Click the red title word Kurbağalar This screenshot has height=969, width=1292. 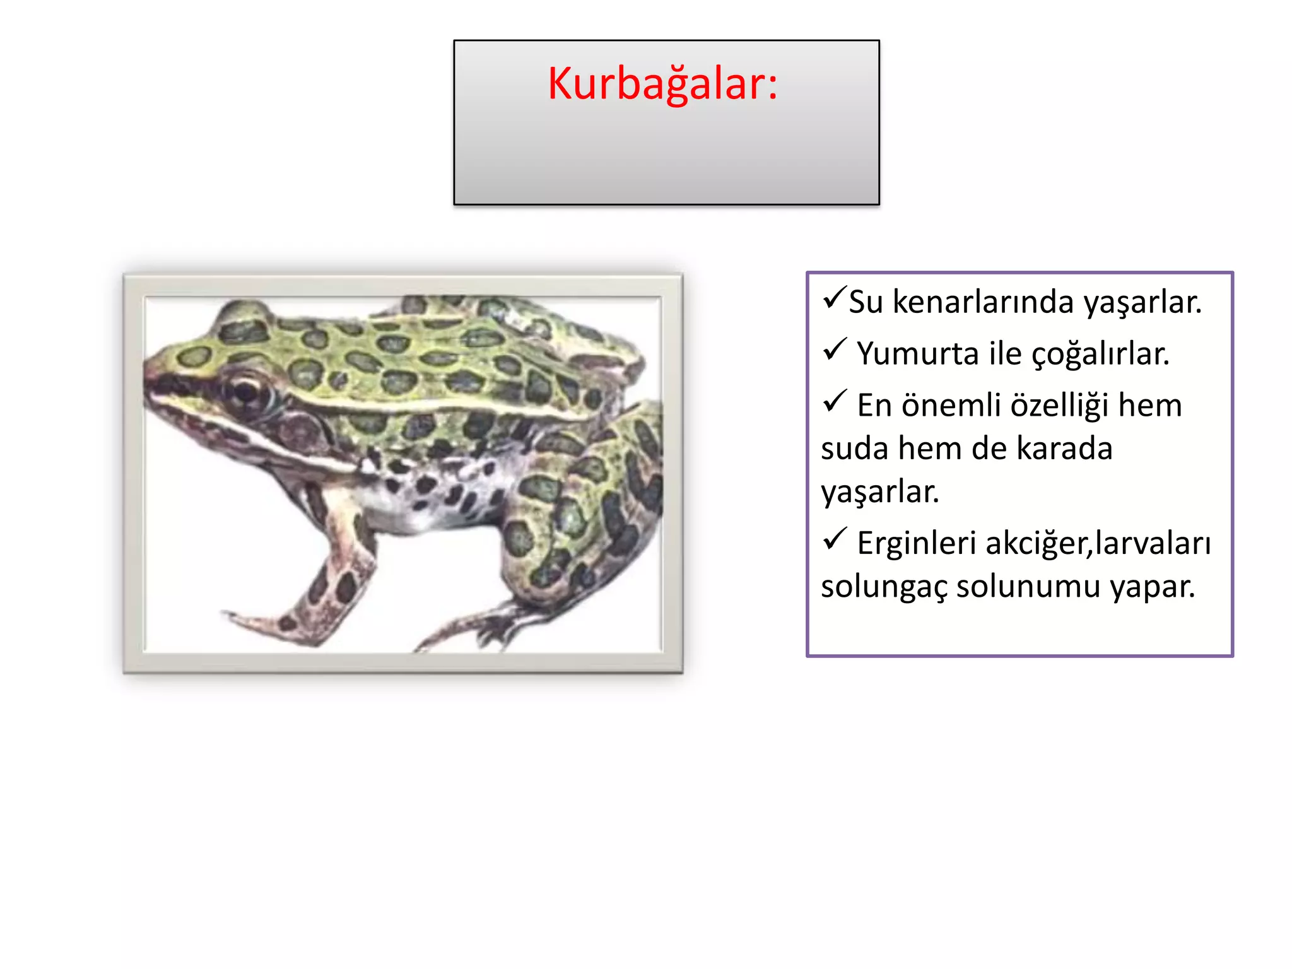click(662, 83)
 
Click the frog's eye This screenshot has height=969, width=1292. click(246, 391)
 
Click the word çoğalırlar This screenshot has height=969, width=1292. click(1100, 354)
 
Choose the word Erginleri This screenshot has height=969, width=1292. click(916, 543)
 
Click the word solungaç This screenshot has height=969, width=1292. click(883, 587)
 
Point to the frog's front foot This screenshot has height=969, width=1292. click(265, 621)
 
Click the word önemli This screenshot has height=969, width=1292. click(952, 405)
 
